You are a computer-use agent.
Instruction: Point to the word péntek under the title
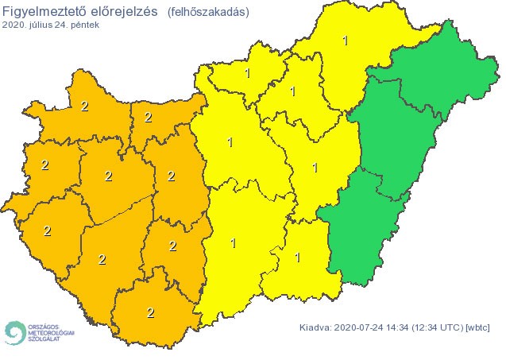(87, 25)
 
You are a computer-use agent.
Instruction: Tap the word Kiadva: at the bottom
(317, 327)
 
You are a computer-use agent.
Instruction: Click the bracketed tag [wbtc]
(478, 327)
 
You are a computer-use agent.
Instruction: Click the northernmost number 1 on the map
(344, 40)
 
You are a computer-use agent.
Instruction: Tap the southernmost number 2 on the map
(151, 312)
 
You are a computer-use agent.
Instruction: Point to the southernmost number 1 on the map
(298, 257)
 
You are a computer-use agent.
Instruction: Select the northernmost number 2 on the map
(85, 105)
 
